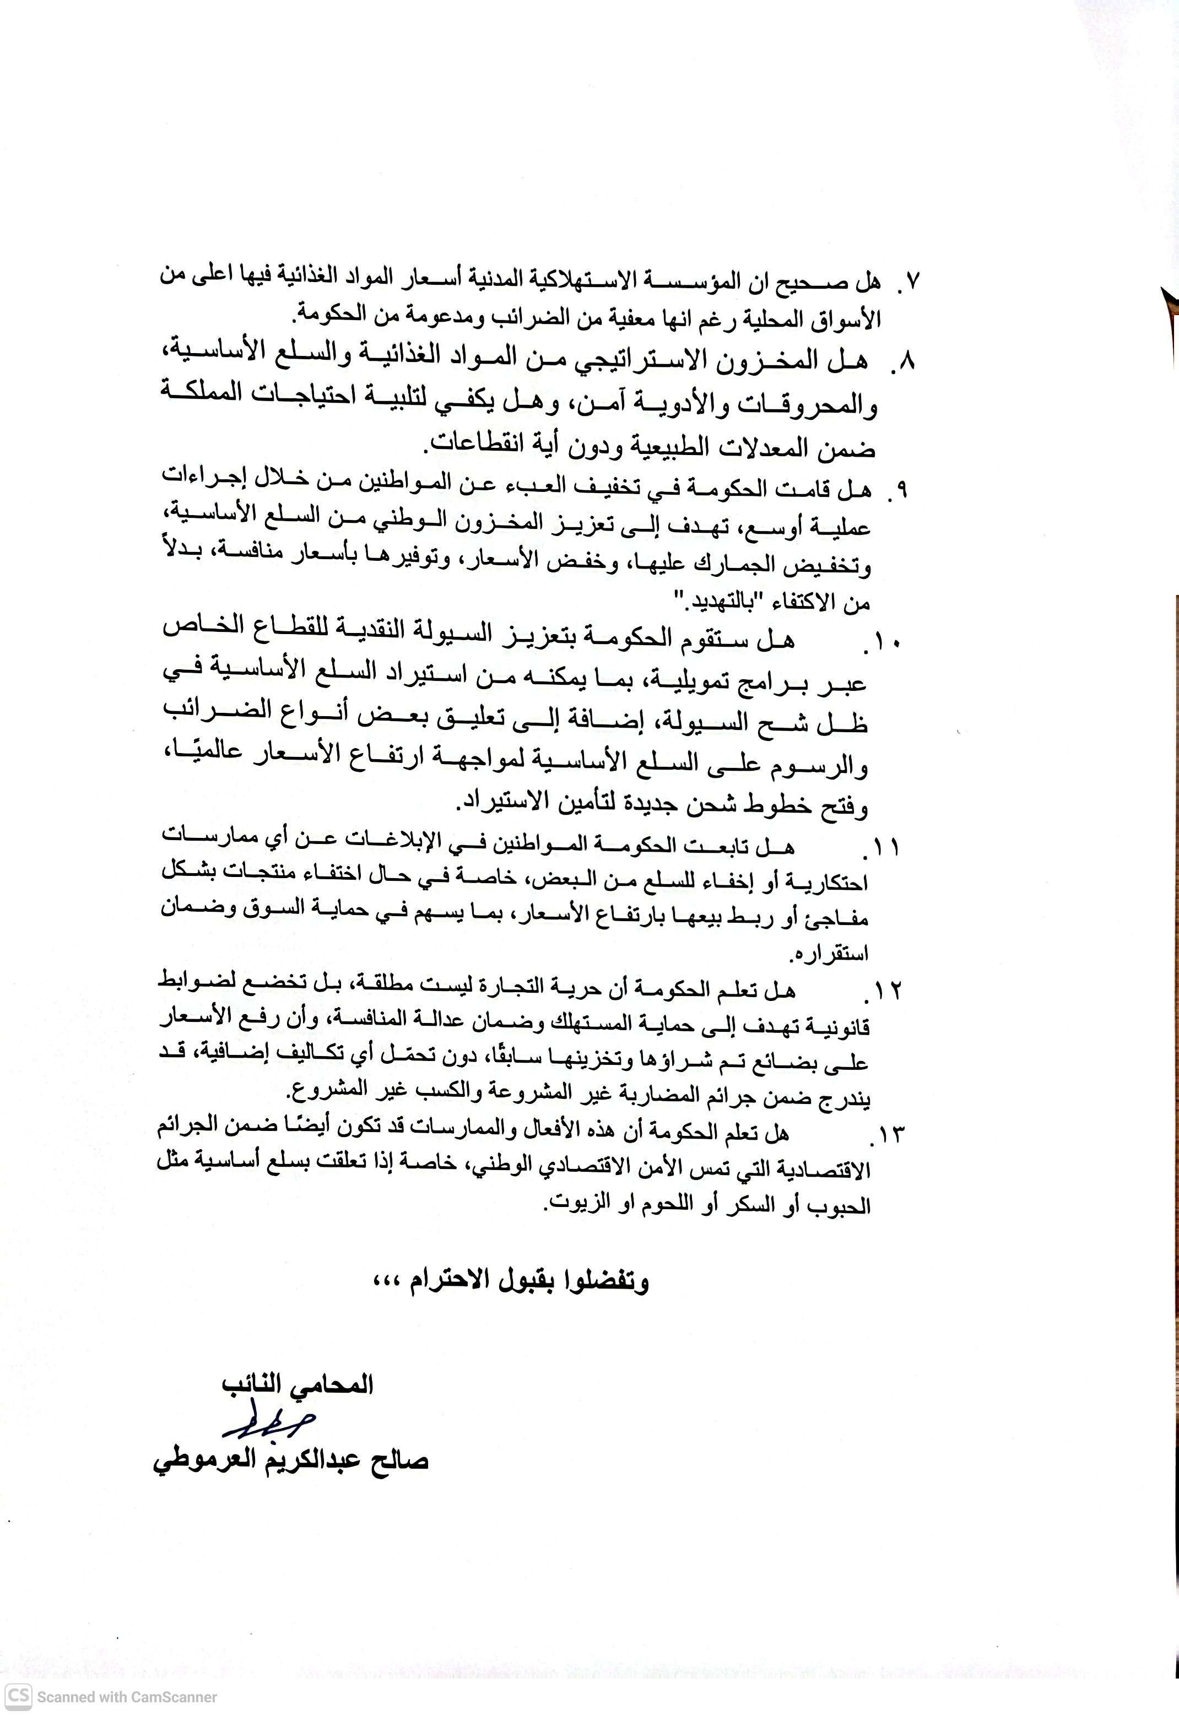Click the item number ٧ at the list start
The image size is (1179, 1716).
point(914,281)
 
